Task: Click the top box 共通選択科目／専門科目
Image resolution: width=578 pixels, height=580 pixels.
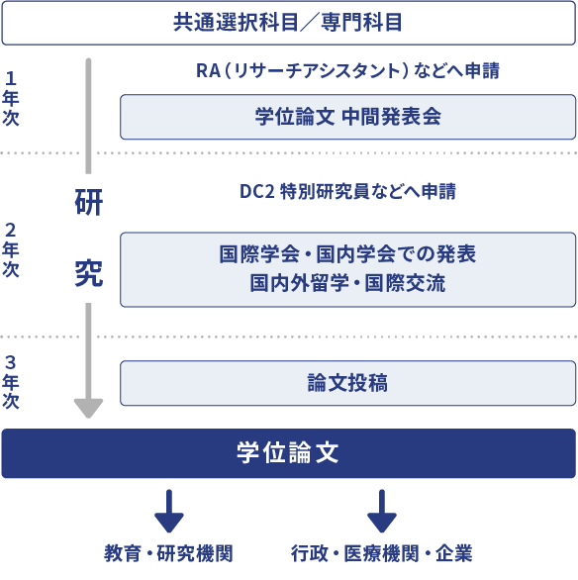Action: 288,23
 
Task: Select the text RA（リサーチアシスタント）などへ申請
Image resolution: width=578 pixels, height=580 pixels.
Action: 347,70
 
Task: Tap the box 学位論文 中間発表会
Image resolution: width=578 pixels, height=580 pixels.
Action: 347,117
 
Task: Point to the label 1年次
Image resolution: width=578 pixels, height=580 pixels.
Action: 10,98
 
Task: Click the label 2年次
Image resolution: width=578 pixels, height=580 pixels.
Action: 10,250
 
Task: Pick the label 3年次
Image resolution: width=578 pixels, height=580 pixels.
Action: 10,382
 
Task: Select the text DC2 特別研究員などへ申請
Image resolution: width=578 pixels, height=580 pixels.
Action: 347,191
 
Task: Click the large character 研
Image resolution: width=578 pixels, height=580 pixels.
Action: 89,202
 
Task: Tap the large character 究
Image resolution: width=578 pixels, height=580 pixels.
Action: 89,273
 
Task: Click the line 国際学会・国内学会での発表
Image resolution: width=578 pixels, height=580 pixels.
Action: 347,254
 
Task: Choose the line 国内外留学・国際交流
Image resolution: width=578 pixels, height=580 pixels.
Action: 347,283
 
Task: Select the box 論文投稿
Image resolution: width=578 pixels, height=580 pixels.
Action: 347,383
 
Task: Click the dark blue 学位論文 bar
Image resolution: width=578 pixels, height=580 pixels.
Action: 288,453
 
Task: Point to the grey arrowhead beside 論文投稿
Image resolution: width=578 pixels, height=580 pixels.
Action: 88,409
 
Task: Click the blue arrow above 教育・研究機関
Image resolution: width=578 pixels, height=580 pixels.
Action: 169,511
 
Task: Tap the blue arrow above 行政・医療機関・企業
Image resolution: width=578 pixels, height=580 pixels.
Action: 382,511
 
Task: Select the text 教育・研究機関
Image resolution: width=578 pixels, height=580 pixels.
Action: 168,553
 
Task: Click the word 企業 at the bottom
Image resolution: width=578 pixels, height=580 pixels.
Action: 454,553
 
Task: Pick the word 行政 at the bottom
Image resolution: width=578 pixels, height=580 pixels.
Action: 310,553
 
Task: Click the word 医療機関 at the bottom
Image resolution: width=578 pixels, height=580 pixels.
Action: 382,553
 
